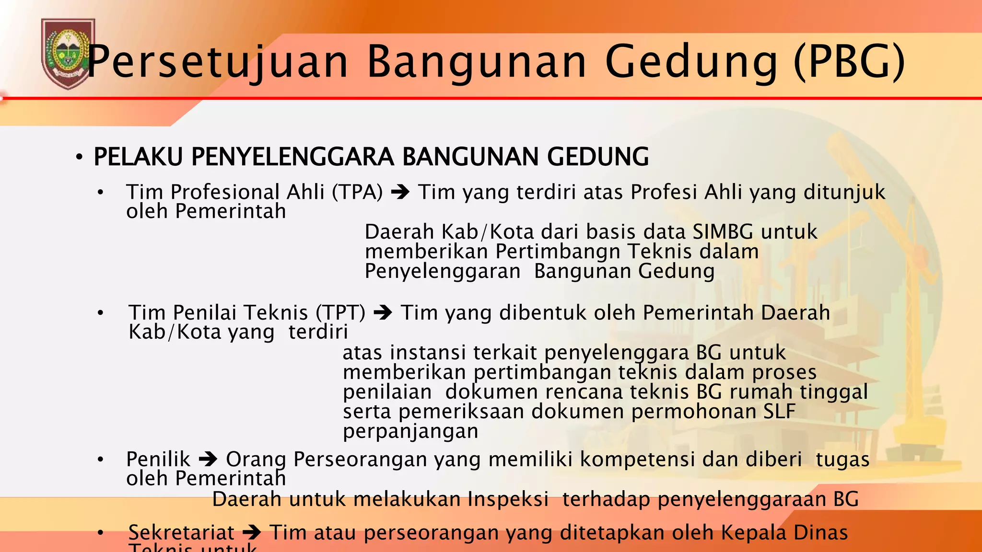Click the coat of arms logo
pyautogui.click(x=68, y=54)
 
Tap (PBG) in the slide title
pyautogui.click(x=849, y=62)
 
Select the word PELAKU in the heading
pyautogui.click(x=138, y=157)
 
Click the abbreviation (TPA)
pyautogui.click(x=357, y=192)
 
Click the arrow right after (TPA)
pyautogui.click(x=400, y=193)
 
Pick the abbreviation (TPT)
pyautogui.click(x=340, y=313)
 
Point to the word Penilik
pyautogui.click(x=158, y=460)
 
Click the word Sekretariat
pyautogui.click(x=181, y=533)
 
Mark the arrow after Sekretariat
pyautogui.click(x=252, y=533)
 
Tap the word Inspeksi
pyautogui.click(x=508, y=499)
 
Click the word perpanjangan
pyautogui.click(x=410, y=431)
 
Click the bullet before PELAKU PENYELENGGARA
pyautogui.click(x=80, y=158)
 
